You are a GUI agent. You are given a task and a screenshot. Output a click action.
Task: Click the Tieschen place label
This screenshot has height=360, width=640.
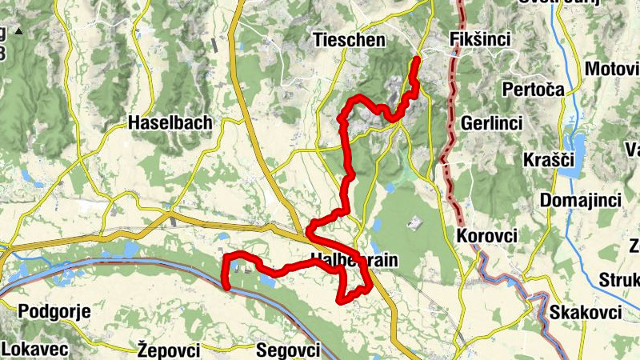(x=349, y=39)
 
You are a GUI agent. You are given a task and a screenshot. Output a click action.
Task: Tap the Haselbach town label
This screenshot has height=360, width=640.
(x=170, y=122)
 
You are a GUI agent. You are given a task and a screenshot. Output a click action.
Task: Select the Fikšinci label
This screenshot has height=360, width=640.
(x=480, y=39)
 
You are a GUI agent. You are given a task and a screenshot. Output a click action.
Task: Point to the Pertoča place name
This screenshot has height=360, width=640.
(x=533, y=89)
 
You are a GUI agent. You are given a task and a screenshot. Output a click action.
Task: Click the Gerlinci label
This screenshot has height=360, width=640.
(x=491, y=123)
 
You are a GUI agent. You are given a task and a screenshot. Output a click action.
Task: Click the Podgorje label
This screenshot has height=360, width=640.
(x=54, y=311)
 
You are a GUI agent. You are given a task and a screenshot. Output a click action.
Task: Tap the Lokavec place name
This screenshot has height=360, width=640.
(x=36, y=349)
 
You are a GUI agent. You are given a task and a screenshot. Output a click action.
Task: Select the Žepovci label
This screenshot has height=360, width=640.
(x=169, y=349)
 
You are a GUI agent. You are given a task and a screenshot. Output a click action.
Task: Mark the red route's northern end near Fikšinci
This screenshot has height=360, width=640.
(x=417, y=59)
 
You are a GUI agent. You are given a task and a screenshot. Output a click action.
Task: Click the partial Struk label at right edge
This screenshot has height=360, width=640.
(x=619, y=281)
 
